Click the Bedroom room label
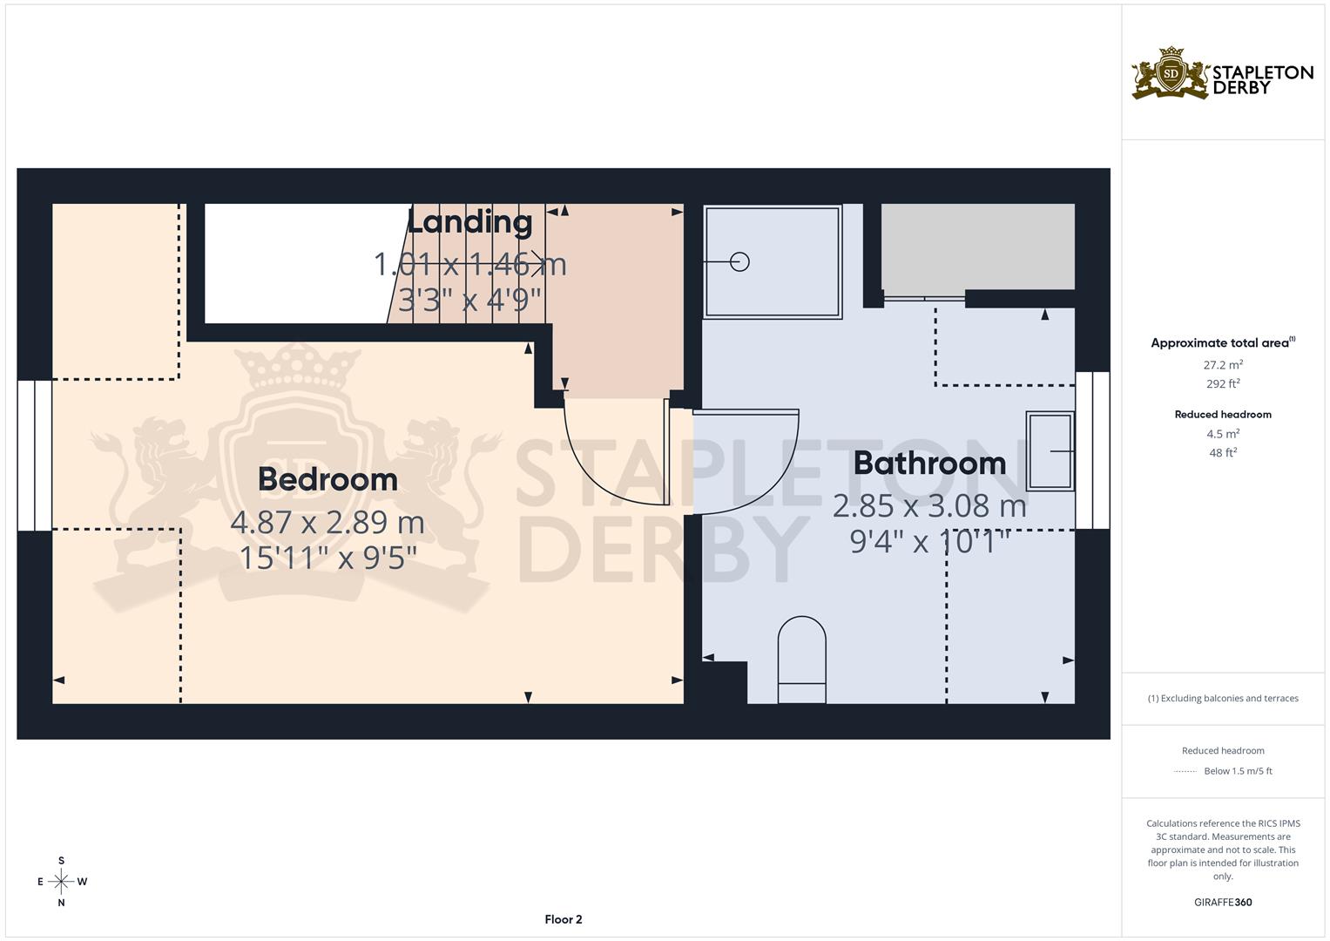click(x=327, y=479)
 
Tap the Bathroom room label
click(x=929, y=463)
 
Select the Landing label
click(x=469, y=222)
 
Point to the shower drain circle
click(x=739, y=261)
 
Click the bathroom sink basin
click(x=1050, y=450)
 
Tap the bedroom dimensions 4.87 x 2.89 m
click(x=327, y=523)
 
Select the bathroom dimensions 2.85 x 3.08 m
click(x=929, y=505)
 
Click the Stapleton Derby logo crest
click(x=1171, y=73)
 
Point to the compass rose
click(x=61, y=882)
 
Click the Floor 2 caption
click(x=564, y=919)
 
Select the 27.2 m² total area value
click(x=1223, y=365)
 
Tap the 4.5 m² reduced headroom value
click(x=1223, y=434)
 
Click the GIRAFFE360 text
click(x=1223, y=903)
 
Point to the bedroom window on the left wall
click(x=35, y=455)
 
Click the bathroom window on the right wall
click(x=1092, y=450)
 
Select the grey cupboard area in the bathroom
click(x=977, y=247)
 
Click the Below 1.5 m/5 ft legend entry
click(x=1238, y=771)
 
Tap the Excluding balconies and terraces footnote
click(x=1223, y=698)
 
